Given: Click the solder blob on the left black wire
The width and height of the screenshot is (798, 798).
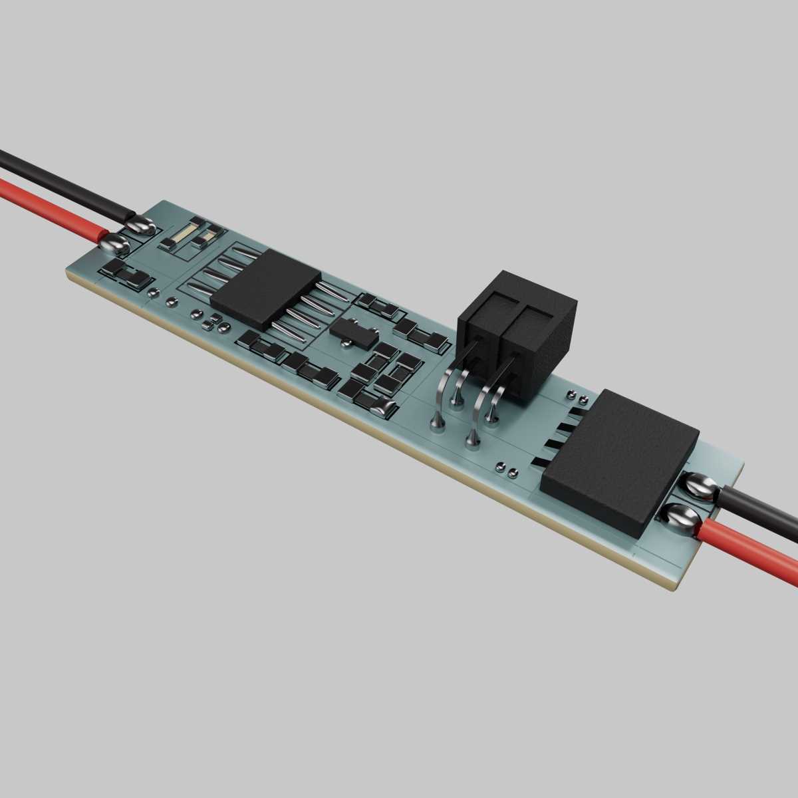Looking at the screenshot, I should pyautogui.click(x=140, y=226).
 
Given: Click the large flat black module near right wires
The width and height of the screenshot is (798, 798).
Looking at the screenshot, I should pyautogui.click(x=618, y=459).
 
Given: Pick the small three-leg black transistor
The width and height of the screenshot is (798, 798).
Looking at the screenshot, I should pyautogui.click(x=351, y=330).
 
